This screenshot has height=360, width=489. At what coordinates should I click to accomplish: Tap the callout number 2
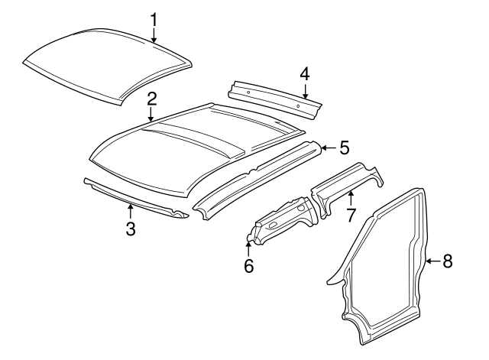tap(151, 98)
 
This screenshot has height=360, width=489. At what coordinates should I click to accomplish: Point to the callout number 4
tap(304, 74)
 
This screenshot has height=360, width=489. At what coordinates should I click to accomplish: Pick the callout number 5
tap(344, 147)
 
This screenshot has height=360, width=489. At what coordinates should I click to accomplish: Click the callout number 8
tap(448, 261)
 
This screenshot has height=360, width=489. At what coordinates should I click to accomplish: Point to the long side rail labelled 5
tap(260, 176)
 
